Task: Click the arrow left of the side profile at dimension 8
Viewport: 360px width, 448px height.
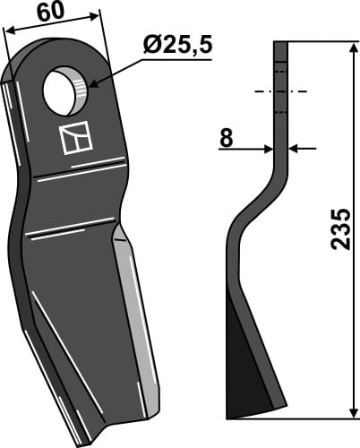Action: click(267, 149)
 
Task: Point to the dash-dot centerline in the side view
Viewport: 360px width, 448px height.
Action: click(281, 91)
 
